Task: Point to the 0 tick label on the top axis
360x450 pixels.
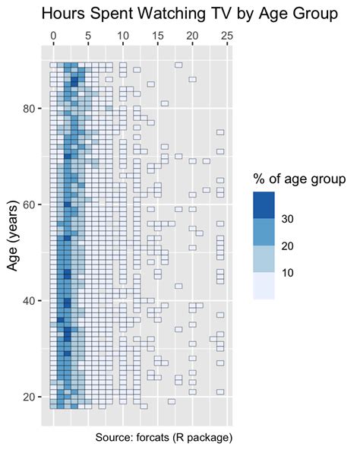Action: click(x=53, y=36)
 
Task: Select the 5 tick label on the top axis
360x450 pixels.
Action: click(x=88, y=36)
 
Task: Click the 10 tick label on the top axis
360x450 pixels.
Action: click(x=123, y=36)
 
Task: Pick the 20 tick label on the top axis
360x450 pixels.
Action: click(x=193, y=36)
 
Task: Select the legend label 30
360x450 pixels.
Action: click(x=289, y=219)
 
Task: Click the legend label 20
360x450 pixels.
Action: click(x=289, y=246)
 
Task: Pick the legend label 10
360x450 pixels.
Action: click(x=289, y=272)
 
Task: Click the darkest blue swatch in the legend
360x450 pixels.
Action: click(x=264, y=205)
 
